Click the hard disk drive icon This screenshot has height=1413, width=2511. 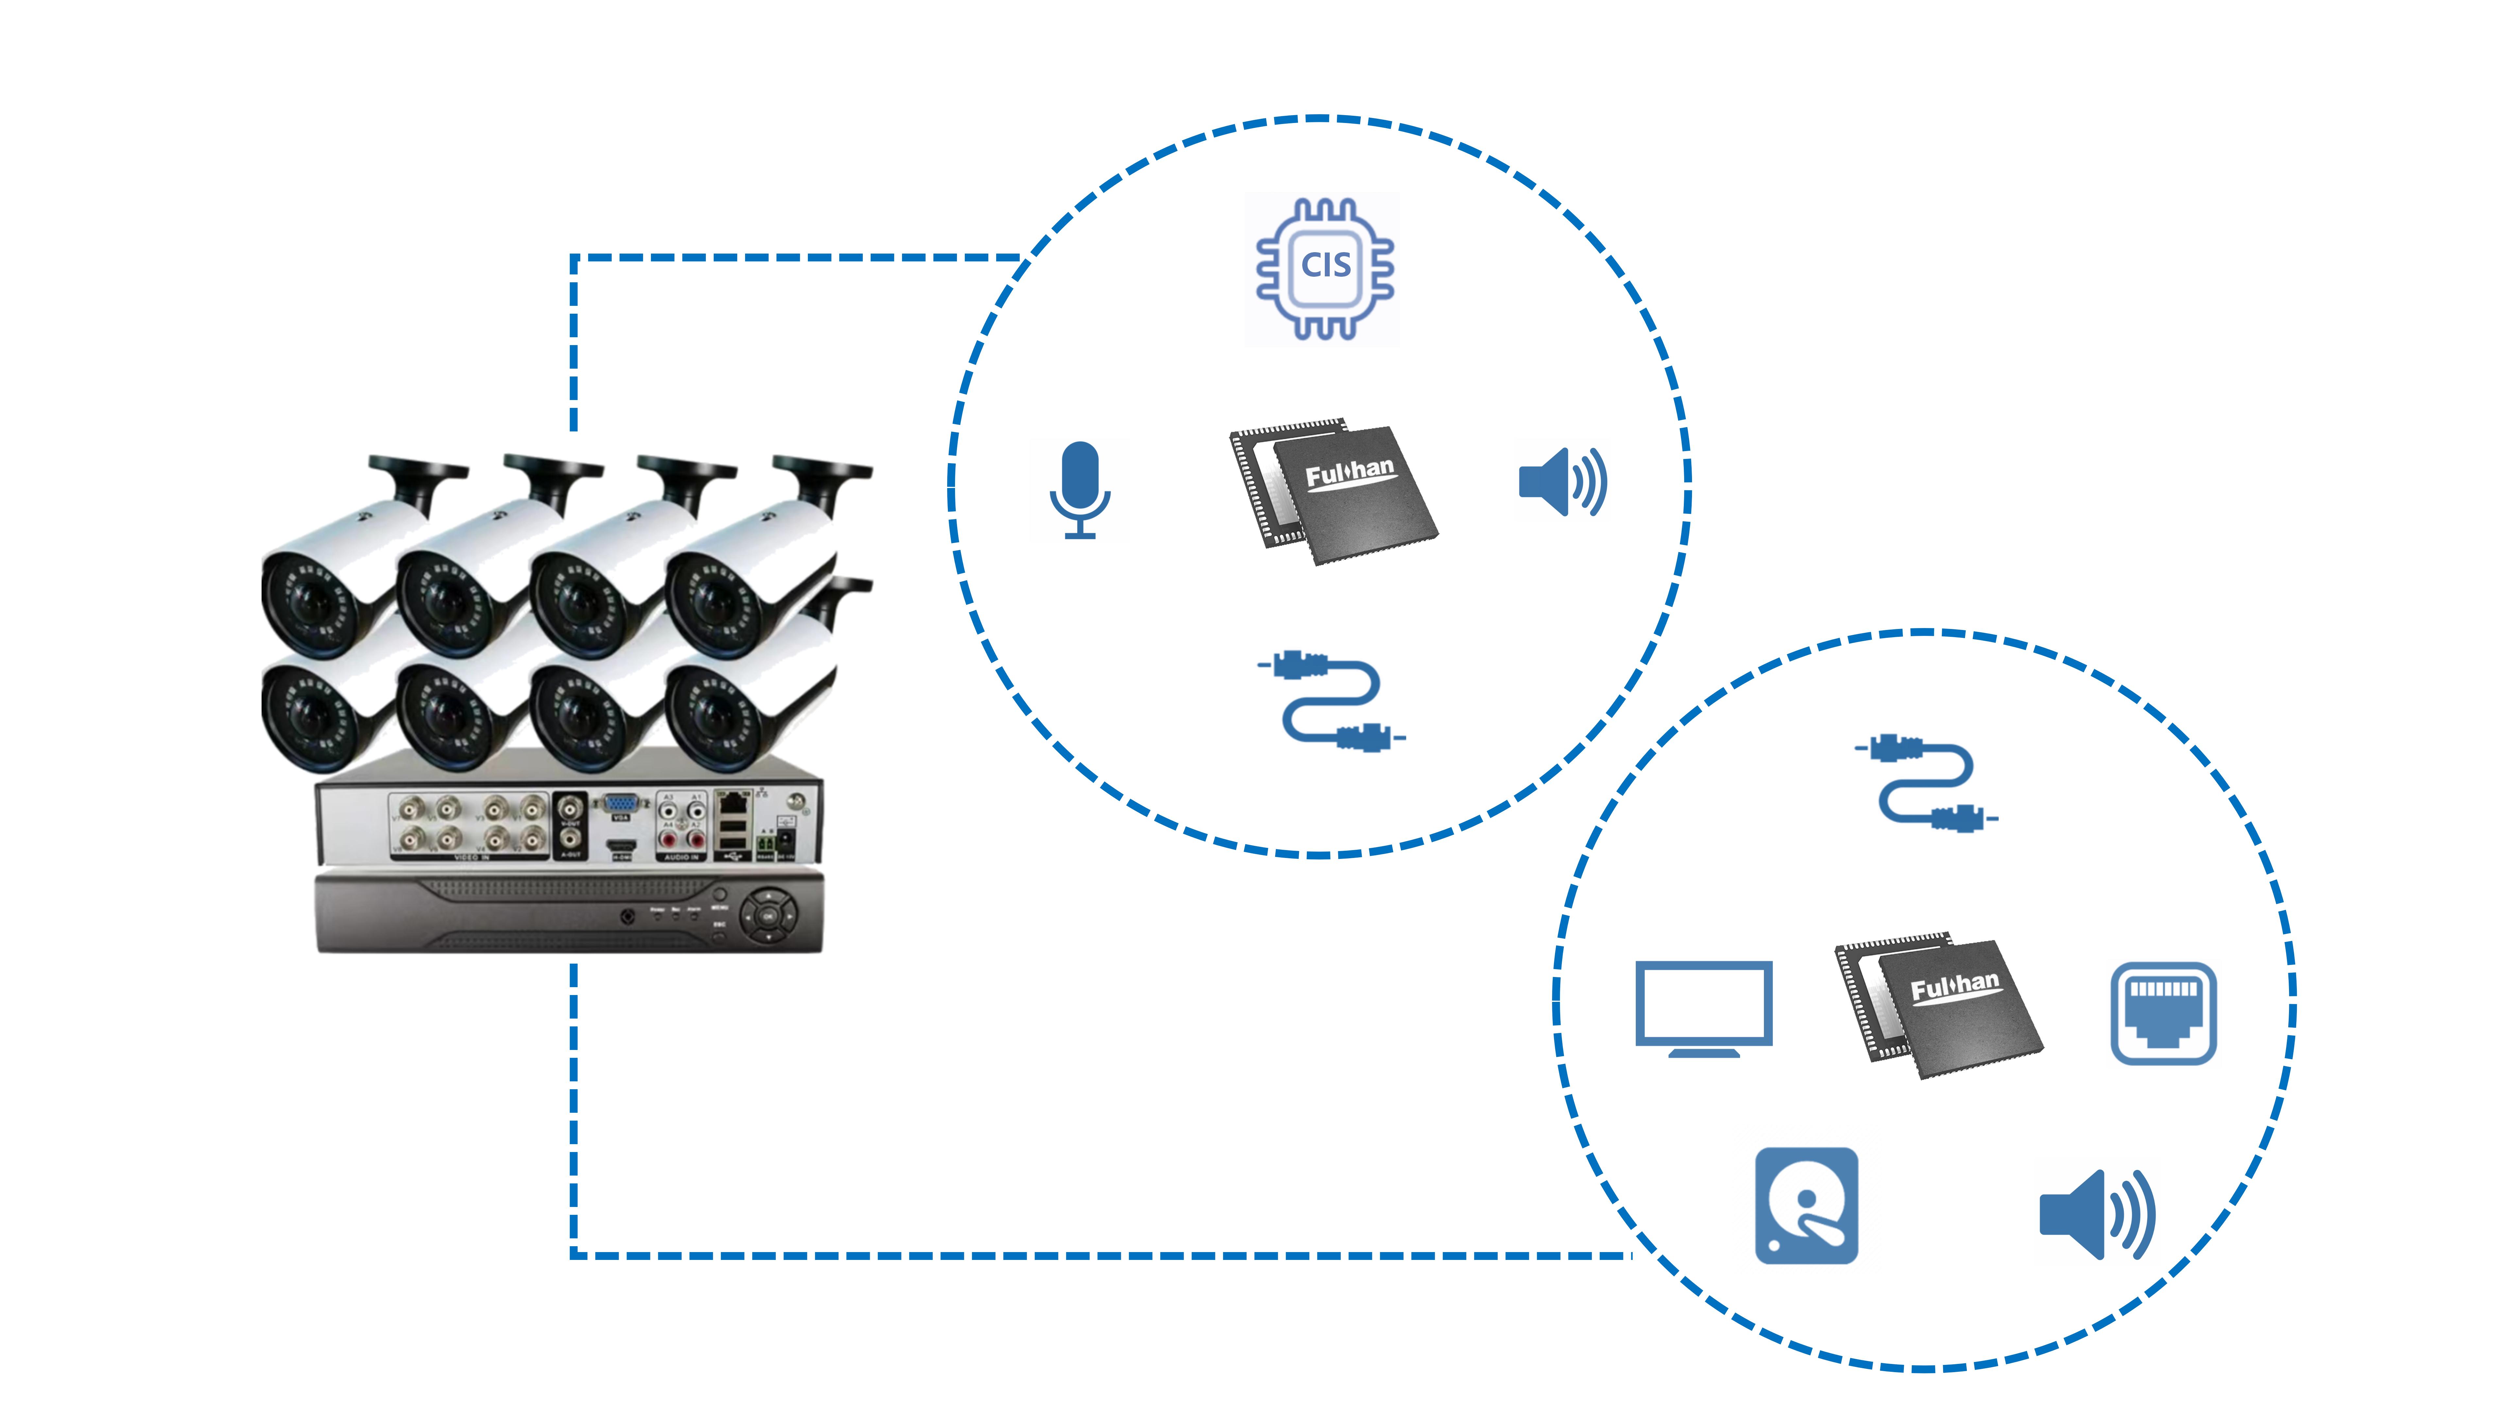tap(1806, 1205)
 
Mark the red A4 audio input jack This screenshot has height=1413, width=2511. tap(669, 839)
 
